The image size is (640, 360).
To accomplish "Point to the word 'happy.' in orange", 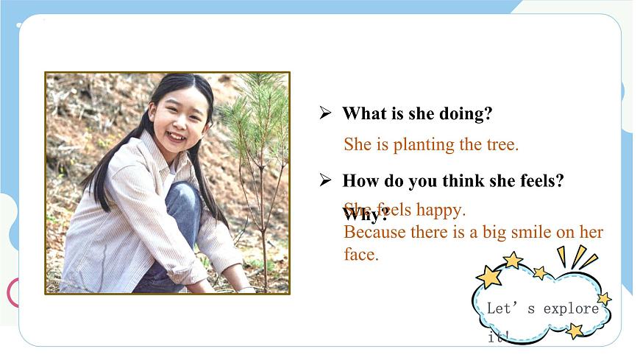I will (x=440, y=210).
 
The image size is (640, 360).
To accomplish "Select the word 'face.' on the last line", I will (x=360, y=255).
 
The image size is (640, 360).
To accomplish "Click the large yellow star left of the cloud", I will (x=488, y=277).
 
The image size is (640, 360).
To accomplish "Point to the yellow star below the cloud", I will (x=575, y=331).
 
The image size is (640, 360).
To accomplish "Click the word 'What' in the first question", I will (x=360, y=114).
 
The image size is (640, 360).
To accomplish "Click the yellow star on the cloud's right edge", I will (x=604, y=299).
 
